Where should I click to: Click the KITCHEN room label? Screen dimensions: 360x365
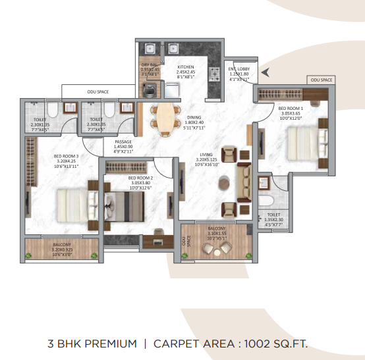pyautogui.click(x=185, y=67)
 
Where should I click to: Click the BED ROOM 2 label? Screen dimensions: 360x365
pyautogui.click(x=140, y=178)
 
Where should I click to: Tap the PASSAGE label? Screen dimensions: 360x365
pyautogui.click(x=123, y=141)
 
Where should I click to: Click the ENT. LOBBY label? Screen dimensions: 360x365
pyautogui.click(x=238, y=68)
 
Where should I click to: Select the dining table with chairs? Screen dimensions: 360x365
pyautogui.click(x=163, y=114)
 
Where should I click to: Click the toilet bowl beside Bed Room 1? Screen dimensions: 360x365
pyautogui.click(x=266, y=201)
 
